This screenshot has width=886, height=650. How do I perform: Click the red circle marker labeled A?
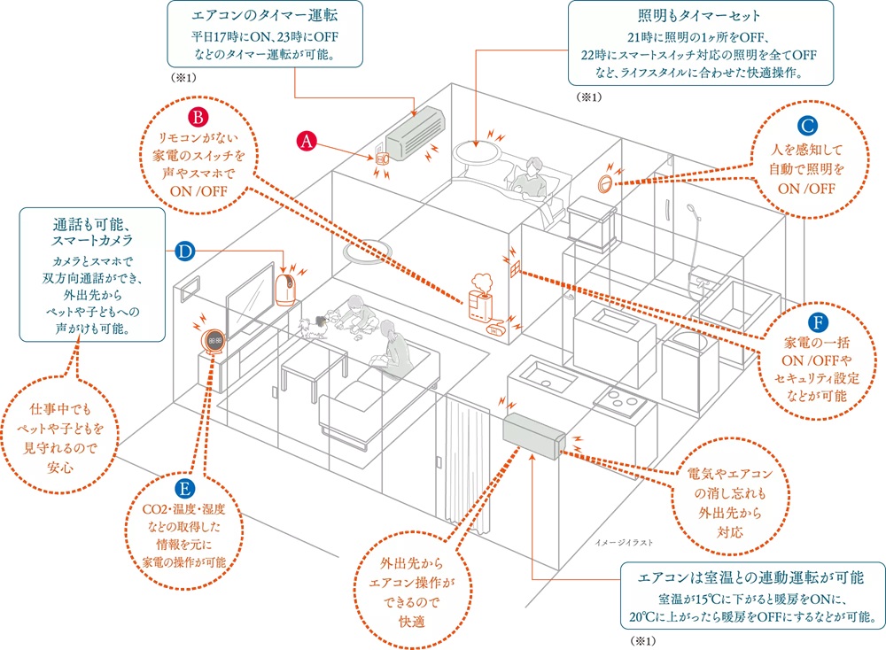(x=306, y=141)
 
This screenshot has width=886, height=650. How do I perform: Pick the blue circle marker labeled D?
(x=183, y=251)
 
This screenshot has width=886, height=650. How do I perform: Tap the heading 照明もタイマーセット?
(x=699, y=17)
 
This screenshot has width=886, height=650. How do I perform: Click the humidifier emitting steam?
(x=480, y=298)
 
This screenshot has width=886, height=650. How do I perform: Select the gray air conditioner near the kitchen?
(x=532, y=437)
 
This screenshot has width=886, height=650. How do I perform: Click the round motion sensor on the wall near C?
(x=605, y=183)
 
